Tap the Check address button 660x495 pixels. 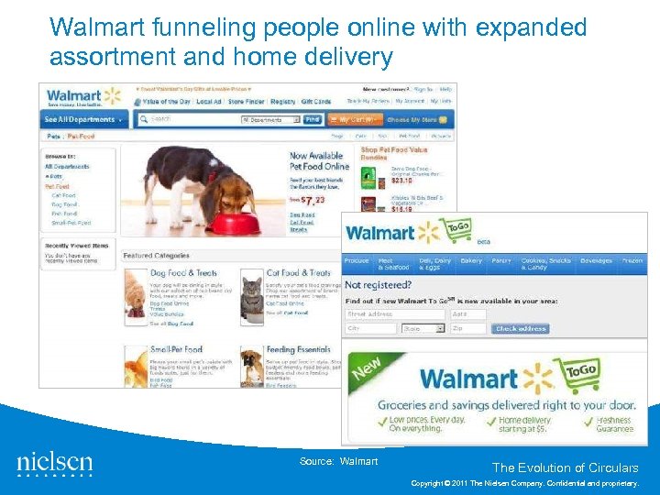pyautogui.click(x=522, y=328)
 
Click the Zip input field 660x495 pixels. pyautogui.click(x=468, y=328)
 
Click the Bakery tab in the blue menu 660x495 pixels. pyautogui.click(x=471, y=261)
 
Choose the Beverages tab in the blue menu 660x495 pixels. pyautogui.click(x=596, y=261)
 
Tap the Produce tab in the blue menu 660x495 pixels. pyautogui.click(x=357, y=261)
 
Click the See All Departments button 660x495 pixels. pyautogui.click(x=84, y=119)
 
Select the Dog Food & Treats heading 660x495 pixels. pyautogui.click(x=183, y=272)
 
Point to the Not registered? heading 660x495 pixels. pyautogui.click(x=379, y=285)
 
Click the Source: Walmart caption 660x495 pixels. pyautogui.click(x=338, y=461)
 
